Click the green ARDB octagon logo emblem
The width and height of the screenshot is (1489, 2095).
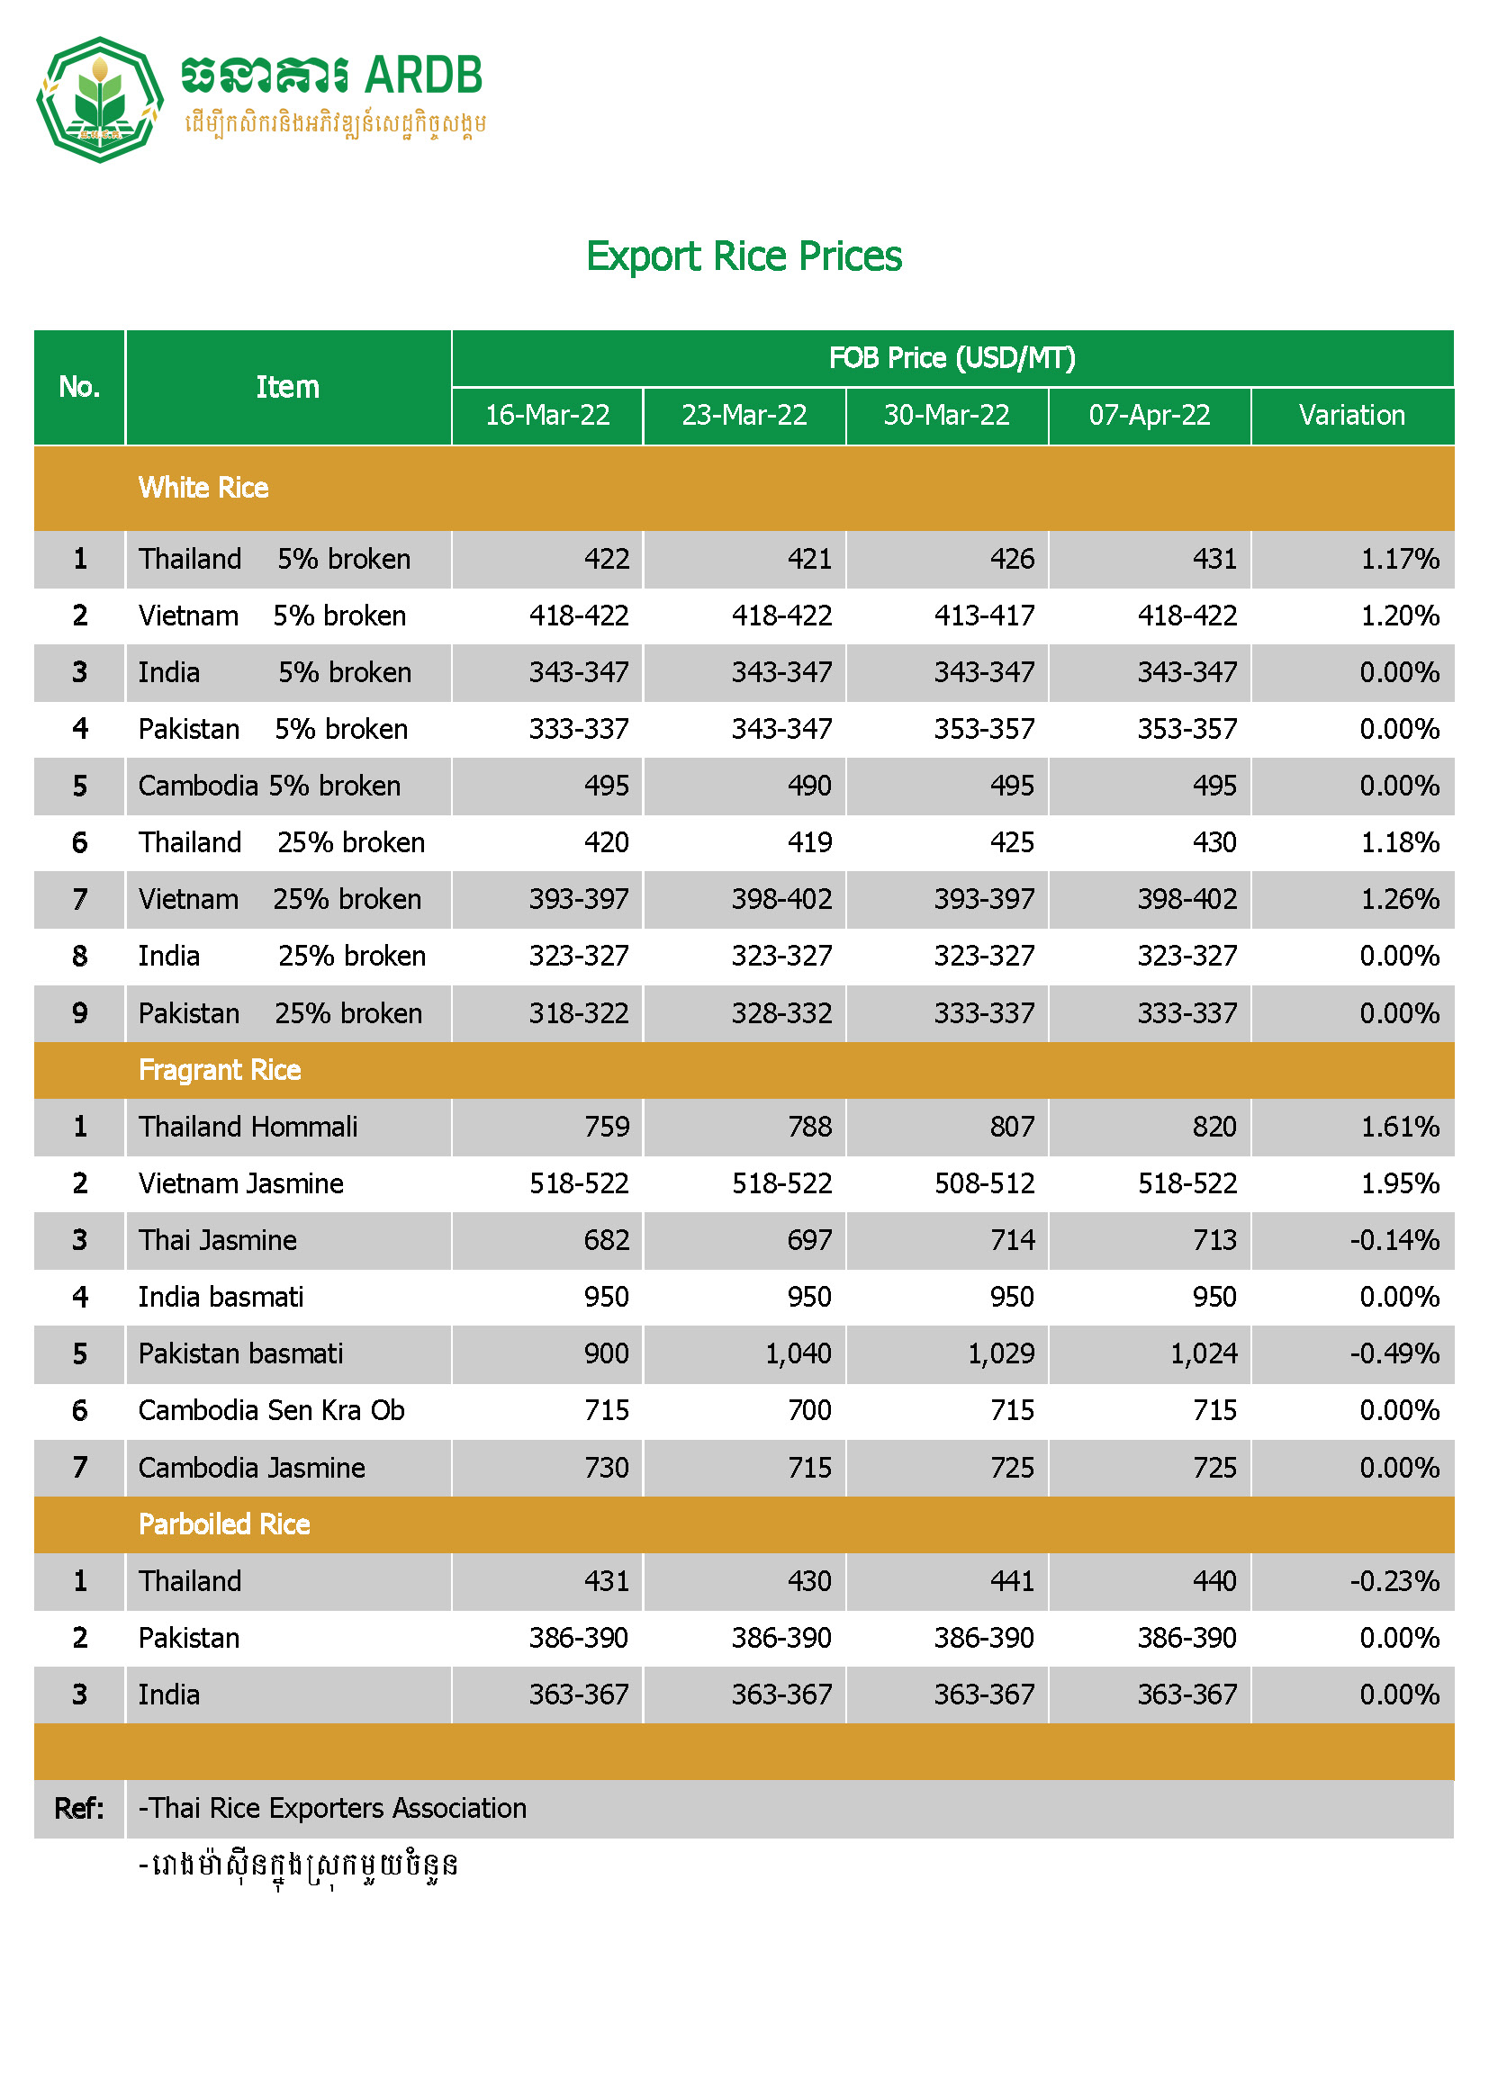tap(99, 100)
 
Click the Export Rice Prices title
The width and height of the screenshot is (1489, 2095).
tap(744, 256)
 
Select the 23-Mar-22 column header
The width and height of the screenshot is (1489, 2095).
tap(744, 415)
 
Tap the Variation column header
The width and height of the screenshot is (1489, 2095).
tap(1351, 415)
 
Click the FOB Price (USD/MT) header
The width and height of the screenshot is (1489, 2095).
tap(952, 357)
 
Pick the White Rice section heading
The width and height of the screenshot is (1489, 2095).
tap(203, 488)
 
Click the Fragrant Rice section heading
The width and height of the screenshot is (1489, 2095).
tap(220, 1069)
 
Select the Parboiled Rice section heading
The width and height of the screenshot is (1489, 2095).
tap(225, 1524)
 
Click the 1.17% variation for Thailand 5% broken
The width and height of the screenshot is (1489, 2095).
tap(1399, 559)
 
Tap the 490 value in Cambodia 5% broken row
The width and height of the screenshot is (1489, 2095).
tap(808, 786)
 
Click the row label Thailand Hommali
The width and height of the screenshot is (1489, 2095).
tap(248, 1127)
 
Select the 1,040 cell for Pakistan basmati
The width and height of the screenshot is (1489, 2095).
tap(798, 1353)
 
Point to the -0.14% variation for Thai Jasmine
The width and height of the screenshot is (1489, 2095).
tap(1394, 1240)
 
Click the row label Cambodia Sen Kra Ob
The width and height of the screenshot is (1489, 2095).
tap(271, 1410)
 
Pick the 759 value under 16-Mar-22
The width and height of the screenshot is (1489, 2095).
tap(606, 1127)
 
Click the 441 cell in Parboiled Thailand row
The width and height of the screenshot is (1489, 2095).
tap(1011, 1581)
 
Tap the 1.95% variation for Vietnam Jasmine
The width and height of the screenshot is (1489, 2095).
tap(1399, 1183)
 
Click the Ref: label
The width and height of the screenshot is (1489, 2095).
tap(79, 1808)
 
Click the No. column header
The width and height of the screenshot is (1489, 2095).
tap(79, 387)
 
